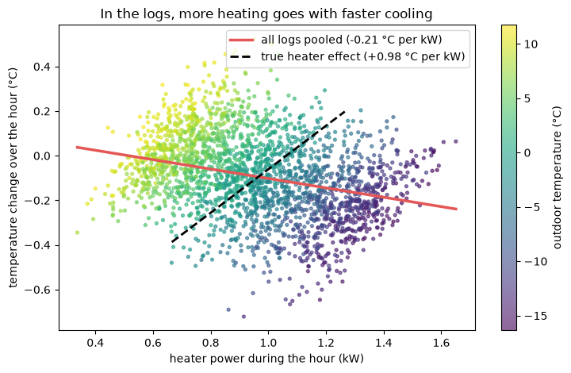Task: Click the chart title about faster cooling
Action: (266, 13)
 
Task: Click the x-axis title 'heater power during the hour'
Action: (266, 359)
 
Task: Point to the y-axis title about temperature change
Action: (13, 178)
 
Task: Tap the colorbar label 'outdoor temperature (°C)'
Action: (558, 178)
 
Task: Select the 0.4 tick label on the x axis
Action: (95, 343)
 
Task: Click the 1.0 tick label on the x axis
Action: (268, 343)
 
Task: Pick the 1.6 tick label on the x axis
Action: (442, 343)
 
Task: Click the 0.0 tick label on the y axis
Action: (41, 156)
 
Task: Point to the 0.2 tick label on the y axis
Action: (41, 111)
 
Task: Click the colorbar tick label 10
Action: (531, 44)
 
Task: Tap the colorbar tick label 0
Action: (527, 152)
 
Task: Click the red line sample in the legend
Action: (241, 40)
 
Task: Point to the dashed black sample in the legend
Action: (241, 57)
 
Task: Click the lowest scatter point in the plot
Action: (243, 317)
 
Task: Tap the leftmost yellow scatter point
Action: (77, 233)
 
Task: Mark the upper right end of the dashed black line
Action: (345, 112)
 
